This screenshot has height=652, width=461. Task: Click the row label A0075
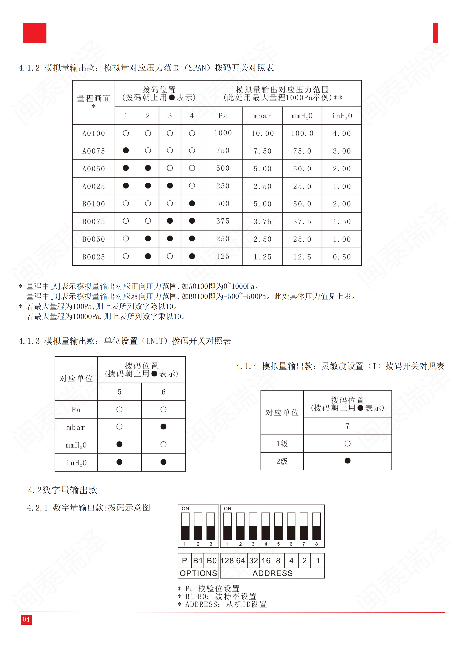[93, 151]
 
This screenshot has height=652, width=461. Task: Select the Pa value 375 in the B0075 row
[223, 221]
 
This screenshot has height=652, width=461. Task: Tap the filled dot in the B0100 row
[192, 203]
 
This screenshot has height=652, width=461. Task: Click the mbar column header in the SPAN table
[262, 116]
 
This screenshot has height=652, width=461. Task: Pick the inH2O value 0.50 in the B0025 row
[342, 257]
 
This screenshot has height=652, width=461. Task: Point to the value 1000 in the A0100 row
[223, 133]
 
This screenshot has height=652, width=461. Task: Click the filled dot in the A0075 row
[126, 150]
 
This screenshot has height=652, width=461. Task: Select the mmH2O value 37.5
[302, 222]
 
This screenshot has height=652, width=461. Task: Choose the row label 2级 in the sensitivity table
[282, 461]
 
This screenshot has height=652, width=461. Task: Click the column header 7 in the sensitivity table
[347, 426]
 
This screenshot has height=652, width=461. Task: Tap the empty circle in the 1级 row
[347, 444]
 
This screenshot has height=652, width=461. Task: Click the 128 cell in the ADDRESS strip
[227, 561]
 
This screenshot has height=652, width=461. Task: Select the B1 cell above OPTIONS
[198, 561]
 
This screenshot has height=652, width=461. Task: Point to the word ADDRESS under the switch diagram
[272, 573]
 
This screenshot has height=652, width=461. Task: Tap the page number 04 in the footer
[26, 619]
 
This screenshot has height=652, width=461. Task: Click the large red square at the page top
[35, 33]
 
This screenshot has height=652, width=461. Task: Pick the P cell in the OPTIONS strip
[184, 561]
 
